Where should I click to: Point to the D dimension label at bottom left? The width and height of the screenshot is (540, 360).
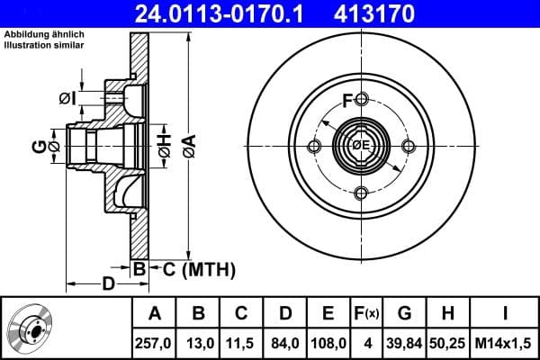tap(106, 285)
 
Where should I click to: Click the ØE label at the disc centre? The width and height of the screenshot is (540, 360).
tap(360, 145)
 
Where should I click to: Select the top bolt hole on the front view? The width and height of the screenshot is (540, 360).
tap(361, 98)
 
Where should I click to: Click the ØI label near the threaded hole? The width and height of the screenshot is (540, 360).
tap(66, 98)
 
